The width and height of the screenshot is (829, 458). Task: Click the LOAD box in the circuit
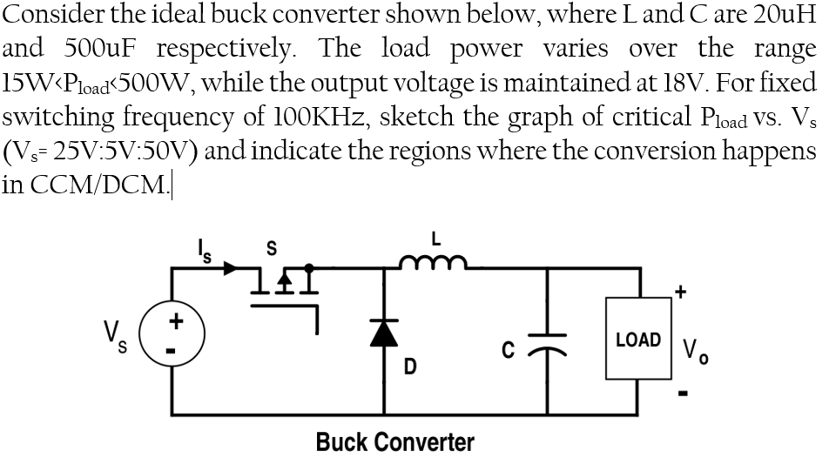click(637, 340)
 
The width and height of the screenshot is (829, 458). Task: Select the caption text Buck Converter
click(394, 441)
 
